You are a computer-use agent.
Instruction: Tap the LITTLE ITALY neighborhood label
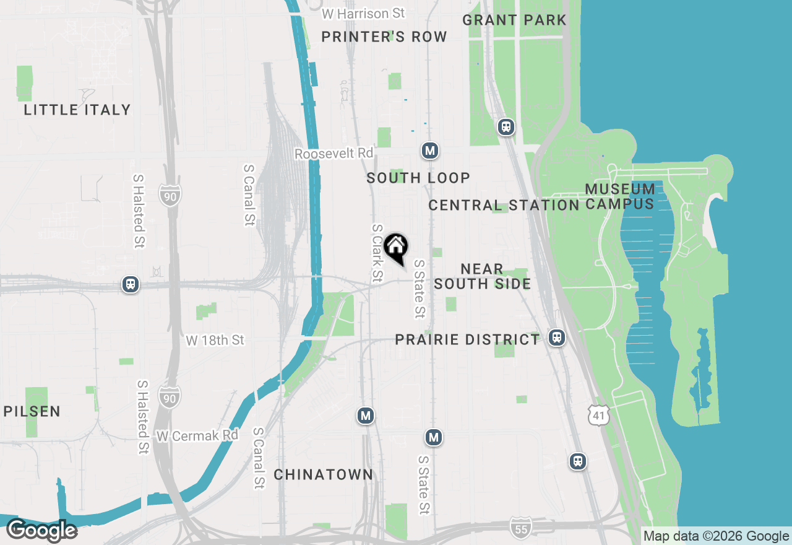77,110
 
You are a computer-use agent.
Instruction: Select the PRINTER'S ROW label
384,37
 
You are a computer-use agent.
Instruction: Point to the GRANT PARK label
514,20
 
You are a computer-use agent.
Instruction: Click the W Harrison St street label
364,13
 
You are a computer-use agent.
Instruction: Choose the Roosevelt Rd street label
334,153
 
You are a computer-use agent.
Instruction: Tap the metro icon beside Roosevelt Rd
430,150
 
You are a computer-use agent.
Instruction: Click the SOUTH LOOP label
418,178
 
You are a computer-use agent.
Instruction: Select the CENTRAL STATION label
504,205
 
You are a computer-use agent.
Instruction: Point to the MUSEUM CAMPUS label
619,196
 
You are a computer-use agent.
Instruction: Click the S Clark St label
377,253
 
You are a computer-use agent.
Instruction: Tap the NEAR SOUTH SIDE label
482,276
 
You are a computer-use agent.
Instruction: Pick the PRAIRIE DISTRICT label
468,340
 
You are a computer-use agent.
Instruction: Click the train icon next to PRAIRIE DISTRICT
557,338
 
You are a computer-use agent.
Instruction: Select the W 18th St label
215,340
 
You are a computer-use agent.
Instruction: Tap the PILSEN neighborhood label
32,411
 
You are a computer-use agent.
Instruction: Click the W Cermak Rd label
197,435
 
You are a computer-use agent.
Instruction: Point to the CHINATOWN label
324,475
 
